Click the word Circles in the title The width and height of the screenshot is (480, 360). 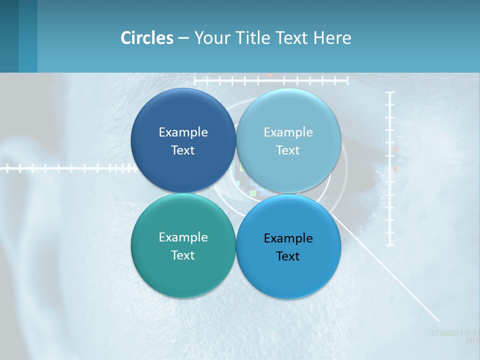pyautogui.click(x=147, y=38)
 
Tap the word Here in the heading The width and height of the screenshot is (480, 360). pyautogui.click(x=332, y=38)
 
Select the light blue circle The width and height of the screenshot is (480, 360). pyautogui.click(x=288, y=110)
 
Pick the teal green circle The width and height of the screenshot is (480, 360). pyautogui.click(x=183, y=275)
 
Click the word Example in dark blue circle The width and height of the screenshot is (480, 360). pyautogui.click(x=183, y=132)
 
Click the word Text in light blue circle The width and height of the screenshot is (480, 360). pyautogui.click(x=288, y=150)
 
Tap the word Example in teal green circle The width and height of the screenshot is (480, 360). pyautogui.click(x=183, y=237)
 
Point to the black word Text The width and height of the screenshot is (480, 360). pyautogui.click(x=288, y=256)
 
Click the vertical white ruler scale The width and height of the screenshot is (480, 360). pyautogui.click(x=390, y=200)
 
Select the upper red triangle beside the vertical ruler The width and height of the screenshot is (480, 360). pyautogui.click(x=394, y=149)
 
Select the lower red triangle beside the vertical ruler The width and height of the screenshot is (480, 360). pyautogui.click(x=394, y=169)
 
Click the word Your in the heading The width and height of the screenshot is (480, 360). pyautogui.click(x=209, y=38)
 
